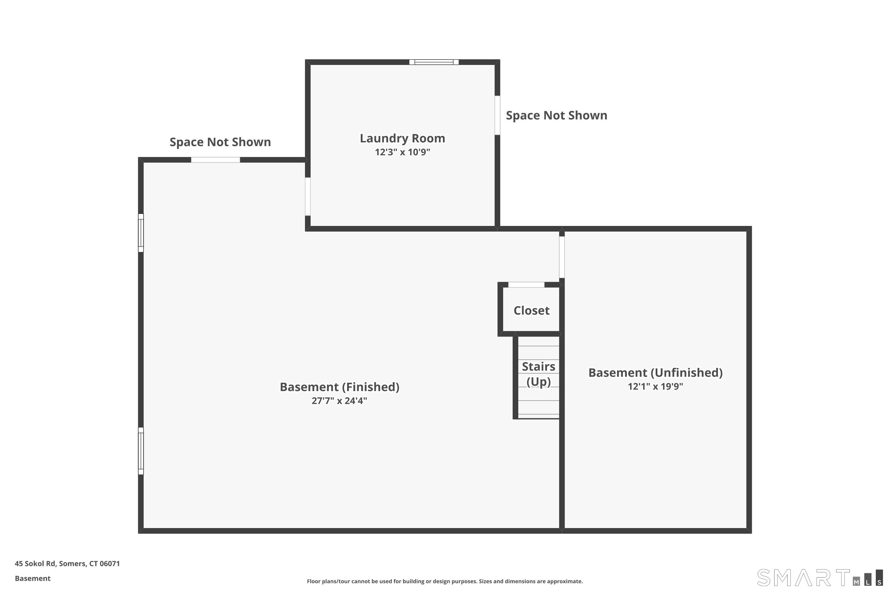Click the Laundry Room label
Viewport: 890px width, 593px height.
(402, 138)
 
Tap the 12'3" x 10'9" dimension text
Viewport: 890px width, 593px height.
(402, 152)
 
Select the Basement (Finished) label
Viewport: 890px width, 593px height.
(339, 387)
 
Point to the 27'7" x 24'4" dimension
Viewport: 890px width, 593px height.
(339, 401)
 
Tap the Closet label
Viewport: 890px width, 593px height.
(531, 310)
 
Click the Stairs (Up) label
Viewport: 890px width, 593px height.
(538, 374)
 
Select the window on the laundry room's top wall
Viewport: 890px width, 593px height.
(434, 62)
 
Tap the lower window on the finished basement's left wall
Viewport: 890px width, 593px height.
(141, 451)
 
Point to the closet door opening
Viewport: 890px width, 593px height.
(526, 285)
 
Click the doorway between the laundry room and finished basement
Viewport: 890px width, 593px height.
(308, 197)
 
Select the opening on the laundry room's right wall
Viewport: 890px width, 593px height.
(497, 115)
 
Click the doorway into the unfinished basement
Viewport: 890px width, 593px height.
(562, 257)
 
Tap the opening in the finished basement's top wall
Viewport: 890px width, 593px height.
(215, 160)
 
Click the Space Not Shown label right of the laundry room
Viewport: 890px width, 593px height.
(557, 115)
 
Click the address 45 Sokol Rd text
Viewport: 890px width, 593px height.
(67, 564)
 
